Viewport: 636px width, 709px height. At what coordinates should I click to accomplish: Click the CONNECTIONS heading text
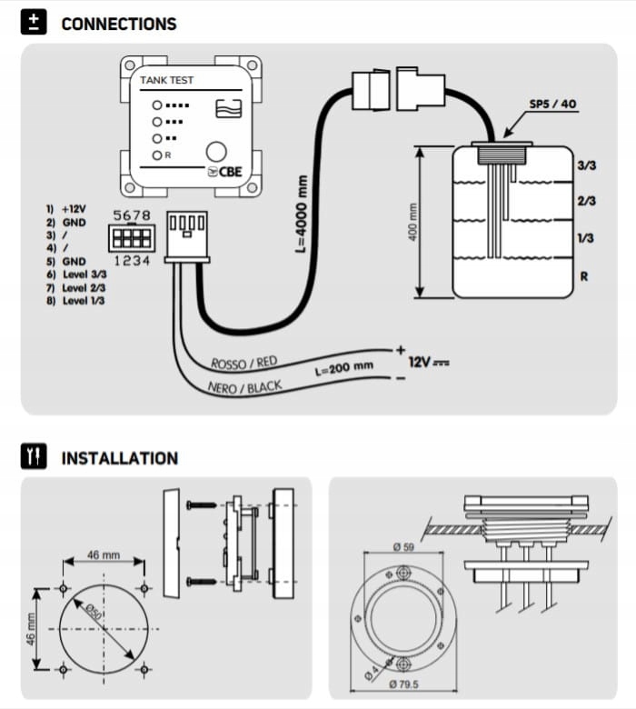point(119,24)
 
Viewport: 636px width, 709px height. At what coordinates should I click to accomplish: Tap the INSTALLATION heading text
point(119,458)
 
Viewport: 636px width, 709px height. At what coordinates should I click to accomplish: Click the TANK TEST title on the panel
point(166,81)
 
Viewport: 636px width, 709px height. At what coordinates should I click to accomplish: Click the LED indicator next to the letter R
point(157,155)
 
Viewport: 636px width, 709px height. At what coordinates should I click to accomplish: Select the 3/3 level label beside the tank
point(586,165)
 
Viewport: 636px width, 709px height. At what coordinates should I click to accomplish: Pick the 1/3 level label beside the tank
point(586,237)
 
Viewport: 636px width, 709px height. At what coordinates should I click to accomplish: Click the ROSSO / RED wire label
point(243,363)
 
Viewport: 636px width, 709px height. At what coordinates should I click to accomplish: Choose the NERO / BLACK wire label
point(244,388)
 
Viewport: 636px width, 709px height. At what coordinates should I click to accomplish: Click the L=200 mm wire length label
point(344,367)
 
